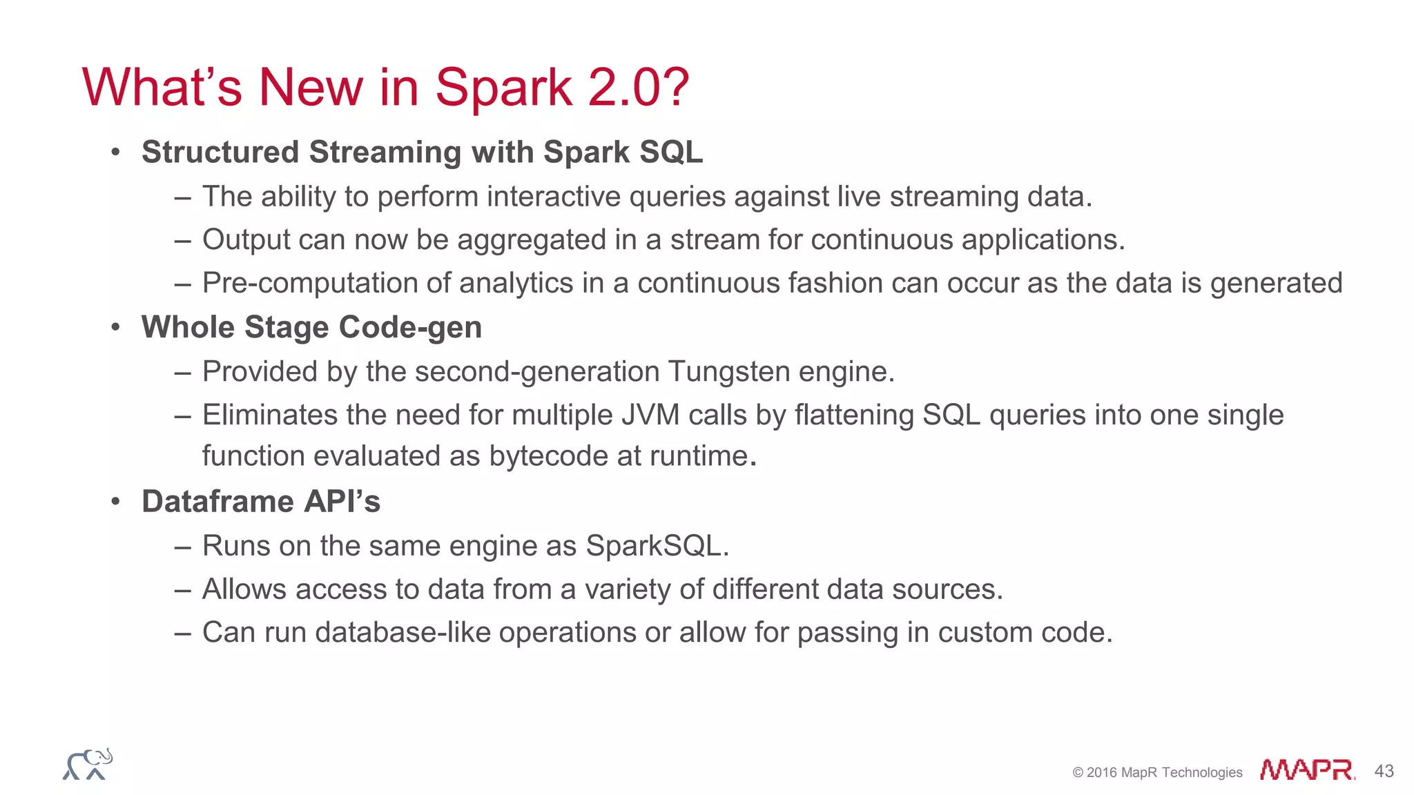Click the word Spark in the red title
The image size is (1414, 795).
(503, 88)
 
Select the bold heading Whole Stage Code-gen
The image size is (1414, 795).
(311, 327)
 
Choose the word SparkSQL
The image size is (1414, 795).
(656, 546)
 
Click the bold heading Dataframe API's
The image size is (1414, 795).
(261, 502)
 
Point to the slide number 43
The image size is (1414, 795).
(1384, 771)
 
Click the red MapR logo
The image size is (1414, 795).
(1307, 769)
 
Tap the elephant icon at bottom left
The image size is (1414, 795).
(88, 764)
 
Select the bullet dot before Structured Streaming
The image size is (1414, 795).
(116, 152)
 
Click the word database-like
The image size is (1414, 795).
(406, 633)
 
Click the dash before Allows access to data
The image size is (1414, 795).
(182, 590)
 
